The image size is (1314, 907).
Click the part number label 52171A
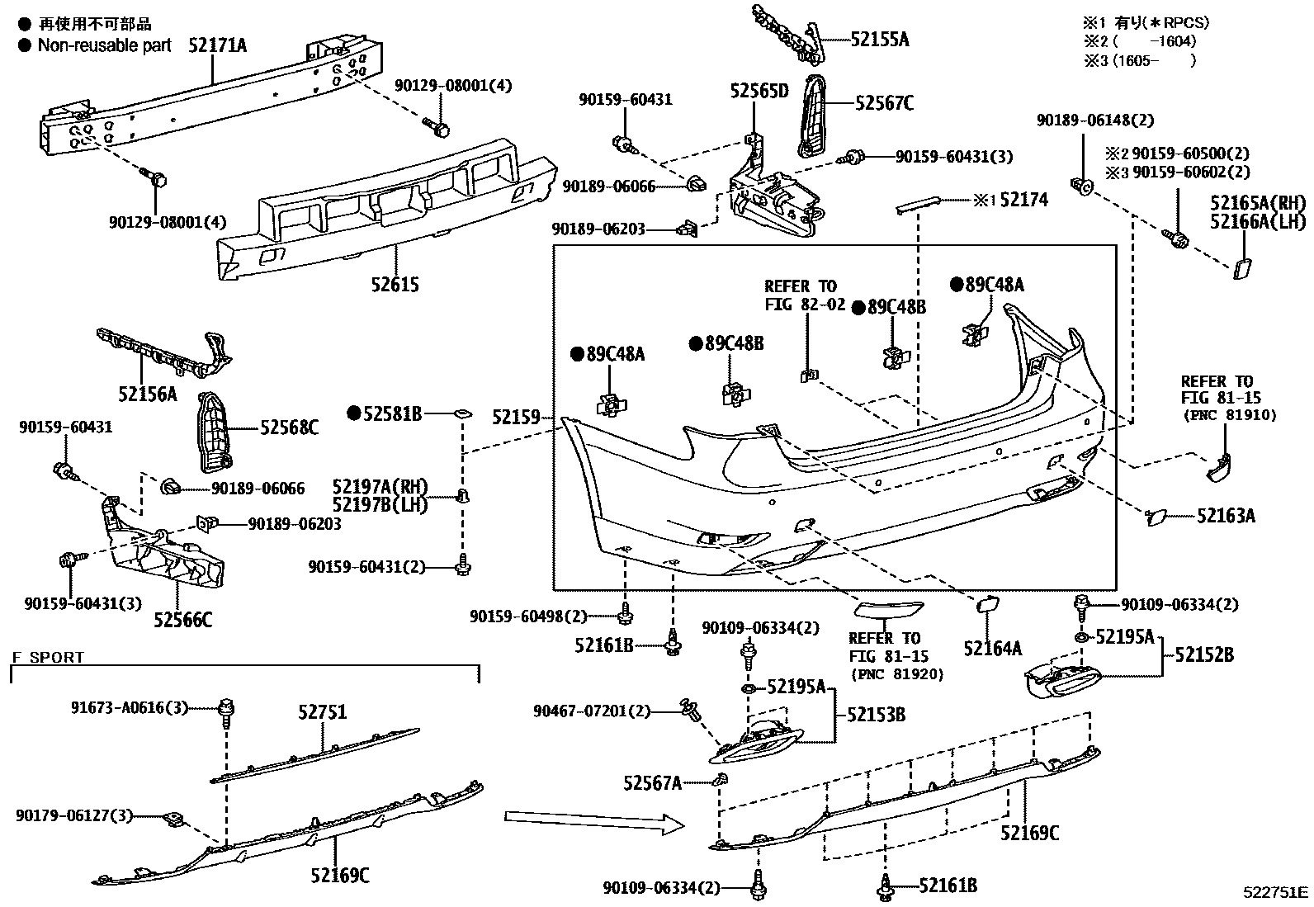point(217,45)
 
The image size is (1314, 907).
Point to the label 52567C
point(885,103)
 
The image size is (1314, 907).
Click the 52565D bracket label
point(759,91)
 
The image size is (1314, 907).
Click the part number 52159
point(516,418)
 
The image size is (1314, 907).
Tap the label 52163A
point(1226,516)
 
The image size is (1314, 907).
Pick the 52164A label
point(992,649)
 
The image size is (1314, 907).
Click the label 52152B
point(1204,655)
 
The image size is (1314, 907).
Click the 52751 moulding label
point(322,712)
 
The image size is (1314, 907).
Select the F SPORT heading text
point(48,658)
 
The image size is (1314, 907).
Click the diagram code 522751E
point(1276,892)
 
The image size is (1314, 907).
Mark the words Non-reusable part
point(105,45)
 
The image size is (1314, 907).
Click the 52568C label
point(289,428)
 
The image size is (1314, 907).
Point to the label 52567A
point(653,782)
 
